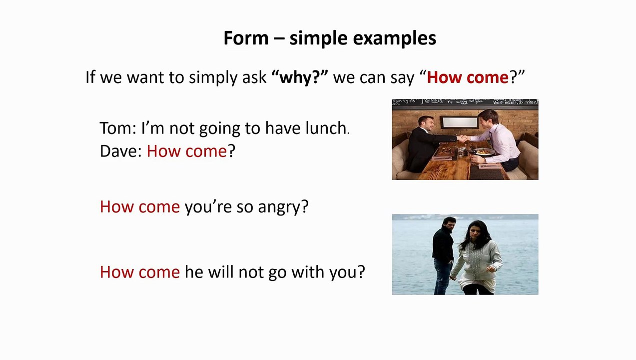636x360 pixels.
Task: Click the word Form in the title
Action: click(246, 38)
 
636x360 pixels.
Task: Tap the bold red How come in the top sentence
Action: click(467, 77)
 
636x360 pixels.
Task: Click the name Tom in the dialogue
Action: click(115, 128)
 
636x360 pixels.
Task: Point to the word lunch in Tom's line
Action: click(325, 128)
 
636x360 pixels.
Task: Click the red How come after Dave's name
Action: click(186, 151)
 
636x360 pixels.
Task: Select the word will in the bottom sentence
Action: click(220, 272)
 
